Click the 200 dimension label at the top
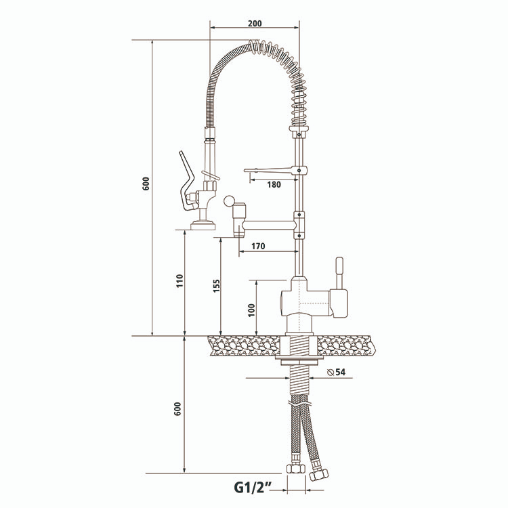255,23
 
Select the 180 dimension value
274,184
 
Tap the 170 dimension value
257,246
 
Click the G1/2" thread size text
253,487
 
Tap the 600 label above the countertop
146,184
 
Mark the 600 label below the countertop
178,409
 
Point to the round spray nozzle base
201,224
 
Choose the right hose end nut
316,471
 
